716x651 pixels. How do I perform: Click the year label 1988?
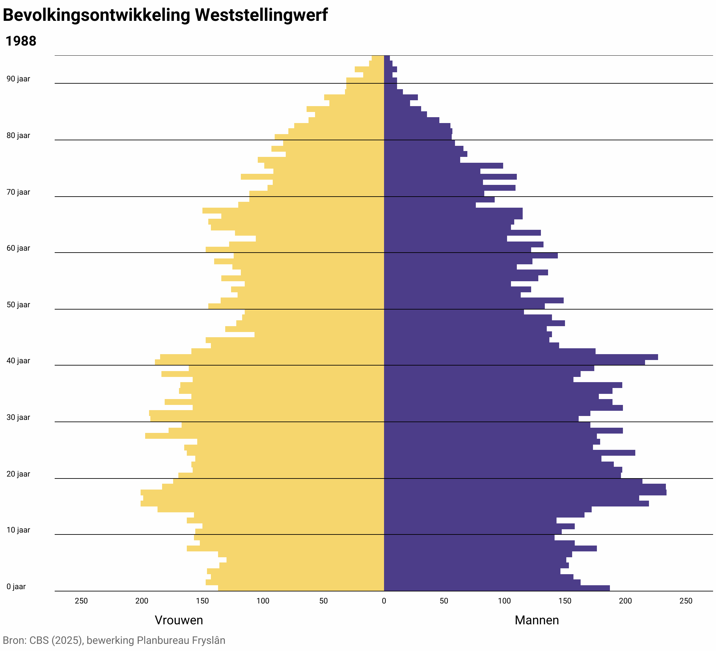(21, 42)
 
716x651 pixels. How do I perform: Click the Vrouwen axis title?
(179, 620)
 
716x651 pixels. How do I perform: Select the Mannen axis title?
(537, 620)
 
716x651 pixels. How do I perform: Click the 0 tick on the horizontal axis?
(384, 601)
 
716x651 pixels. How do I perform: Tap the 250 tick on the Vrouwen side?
(81, 601)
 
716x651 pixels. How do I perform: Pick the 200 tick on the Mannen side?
(626, 601)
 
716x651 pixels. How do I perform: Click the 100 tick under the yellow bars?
(263, 601)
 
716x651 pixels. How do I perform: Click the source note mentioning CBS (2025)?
(114, 640)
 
